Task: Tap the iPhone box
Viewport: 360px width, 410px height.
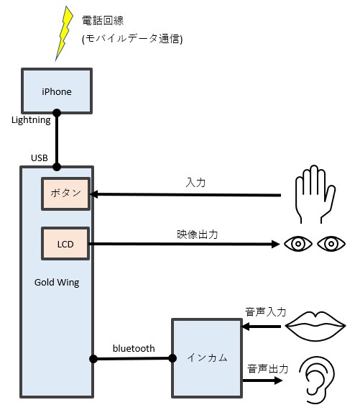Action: [x=57, y=91]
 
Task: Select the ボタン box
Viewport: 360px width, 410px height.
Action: [x=65, y=193]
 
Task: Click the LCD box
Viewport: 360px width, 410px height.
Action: [x=65, y=244]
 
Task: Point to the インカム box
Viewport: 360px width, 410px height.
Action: [x=207, y=358]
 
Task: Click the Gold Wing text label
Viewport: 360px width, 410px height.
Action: [x=57, y=283]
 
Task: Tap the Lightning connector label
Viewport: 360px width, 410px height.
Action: [x=31, y=120]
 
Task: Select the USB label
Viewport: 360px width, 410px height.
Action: [x=40, y=158]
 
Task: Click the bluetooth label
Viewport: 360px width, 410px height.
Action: [x=134, y=348]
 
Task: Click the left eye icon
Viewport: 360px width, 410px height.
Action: [x=298, y=244]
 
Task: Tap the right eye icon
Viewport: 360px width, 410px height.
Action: [x=331, y=244]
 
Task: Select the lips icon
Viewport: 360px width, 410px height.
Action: [x=315, y=326]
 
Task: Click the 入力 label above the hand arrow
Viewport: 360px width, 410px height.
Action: [x=195, y=182]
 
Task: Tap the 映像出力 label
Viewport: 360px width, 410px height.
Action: [x=198, y=234]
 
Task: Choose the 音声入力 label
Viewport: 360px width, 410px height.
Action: [x=265, y=312]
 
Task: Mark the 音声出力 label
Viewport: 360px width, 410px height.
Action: [x=268, y=369]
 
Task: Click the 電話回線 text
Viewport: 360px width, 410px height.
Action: [x=103, y=20]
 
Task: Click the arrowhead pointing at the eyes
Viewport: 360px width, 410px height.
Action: [x=276, y=244]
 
